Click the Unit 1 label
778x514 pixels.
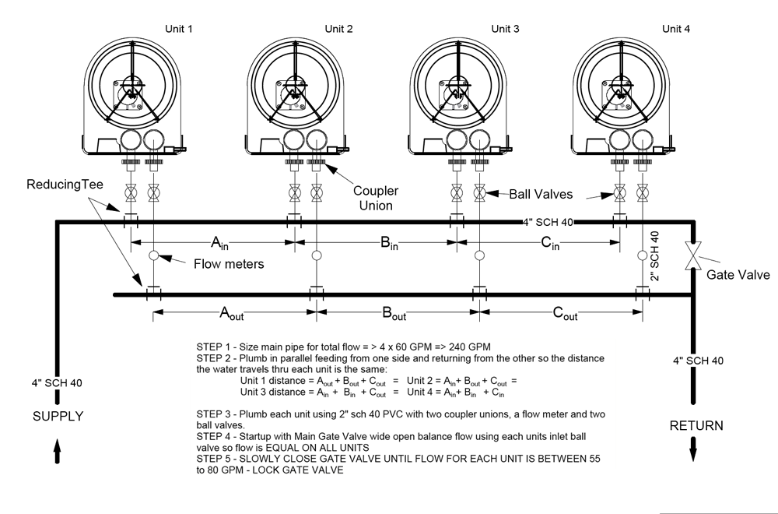[179, 29]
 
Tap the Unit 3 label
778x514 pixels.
[505, 29]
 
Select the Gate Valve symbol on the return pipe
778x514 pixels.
[693, 255]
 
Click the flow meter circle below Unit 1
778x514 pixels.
[154, 255]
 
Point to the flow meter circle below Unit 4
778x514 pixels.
[643, 255]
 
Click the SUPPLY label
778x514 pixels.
[58, 416]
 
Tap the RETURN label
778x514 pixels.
[696, 425]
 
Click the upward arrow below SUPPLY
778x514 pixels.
[57, 451]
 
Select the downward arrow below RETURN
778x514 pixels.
[693, 449]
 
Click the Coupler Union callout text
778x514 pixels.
[376, 198]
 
